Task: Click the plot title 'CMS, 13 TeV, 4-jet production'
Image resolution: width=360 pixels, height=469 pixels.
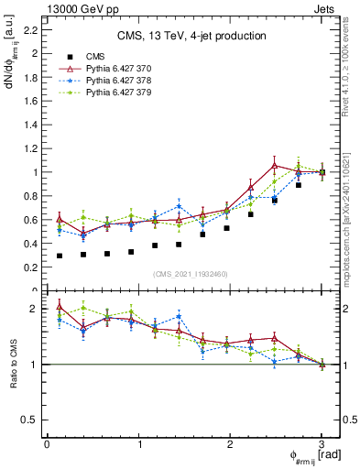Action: pos(191,37)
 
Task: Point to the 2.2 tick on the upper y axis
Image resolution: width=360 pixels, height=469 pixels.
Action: pos(31,30)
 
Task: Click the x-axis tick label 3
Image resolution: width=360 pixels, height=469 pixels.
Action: pos(322,444)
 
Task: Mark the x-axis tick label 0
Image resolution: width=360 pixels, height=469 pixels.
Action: pos(47,444)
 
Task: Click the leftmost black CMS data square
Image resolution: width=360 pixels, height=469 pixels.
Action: pos(60,256)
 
